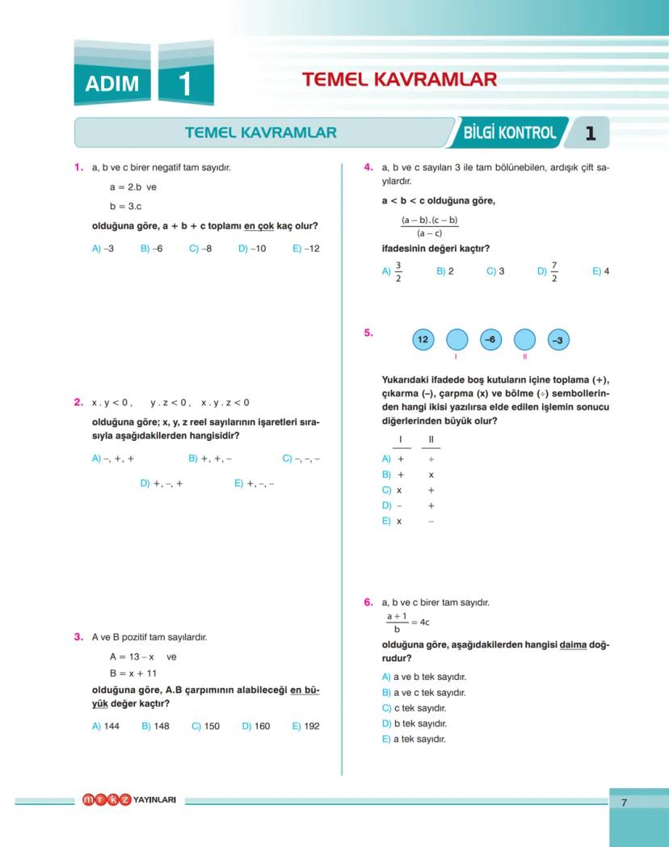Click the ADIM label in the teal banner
click(x=111, y=83)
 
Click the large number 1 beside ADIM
click(x=185, y=83)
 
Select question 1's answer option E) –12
click(x=306, y=249)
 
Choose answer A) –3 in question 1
click(x=103, y=249)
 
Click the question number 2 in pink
click(x=78, y=402)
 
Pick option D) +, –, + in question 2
click(x=162, y=484)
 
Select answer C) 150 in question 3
click(x=205, y=726)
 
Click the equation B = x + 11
click(x=133, y=673)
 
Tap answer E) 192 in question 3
click(x=306, y=726)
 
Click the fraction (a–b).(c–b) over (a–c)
click(x=429, y=226)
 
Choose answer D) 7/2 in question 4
click(x=549, y=272)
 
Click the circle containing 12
click(x=423, y=340)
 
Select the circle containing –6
click(x=490, y=340)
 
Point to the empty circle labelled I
click(x=457, y=340)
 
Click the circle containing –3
click(x=557, y=340)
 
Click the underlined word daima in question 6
click(x=572, y=644)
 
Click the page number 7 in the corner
click(x=624, y=802)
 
